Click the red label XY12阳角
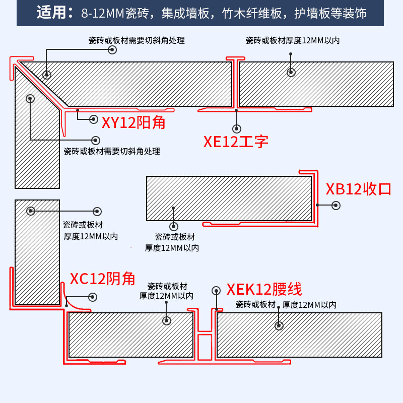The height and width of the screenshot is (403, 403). [x=133, y=122]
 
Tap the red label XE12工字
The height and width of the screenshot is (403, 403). [x=236, y=142]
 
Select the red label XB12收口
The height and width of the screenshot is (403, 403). [x=359, y=189]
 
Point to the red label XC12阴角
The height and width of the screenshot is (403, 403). [x=102, y=279]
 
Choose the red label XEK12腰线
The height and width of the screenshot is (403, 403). [x=264, y=289]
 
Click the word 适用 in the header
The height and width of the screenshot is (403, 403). [x=51, y=13]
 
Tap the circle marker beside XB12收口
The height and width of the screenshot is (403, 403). [x=336, y=206]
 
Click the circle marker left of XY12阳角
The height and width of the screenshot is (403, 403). [x=94, y=119]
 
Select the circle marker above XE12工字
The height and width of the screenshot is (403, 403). [x=237, y=129]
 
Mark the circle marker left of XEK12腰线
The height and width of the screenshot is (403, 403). [x=216, y=291]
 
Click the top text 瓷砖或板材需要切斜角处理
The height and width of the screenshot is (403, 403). [x=137, y=40]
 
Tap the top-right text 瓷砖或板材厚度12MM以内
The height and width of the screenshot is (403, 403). [x=292, y=40]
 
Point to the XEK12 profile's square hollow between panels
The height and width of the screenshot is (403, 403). [x=205, y=348]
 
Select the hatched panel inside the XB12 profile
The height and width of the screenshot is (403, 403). [x=229, y=198]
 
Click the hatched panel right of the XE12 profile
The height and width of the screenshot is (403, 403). [x=316, y=84]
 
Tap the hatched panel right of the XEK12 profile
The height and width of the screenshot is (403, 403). [x=299, y=334]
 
